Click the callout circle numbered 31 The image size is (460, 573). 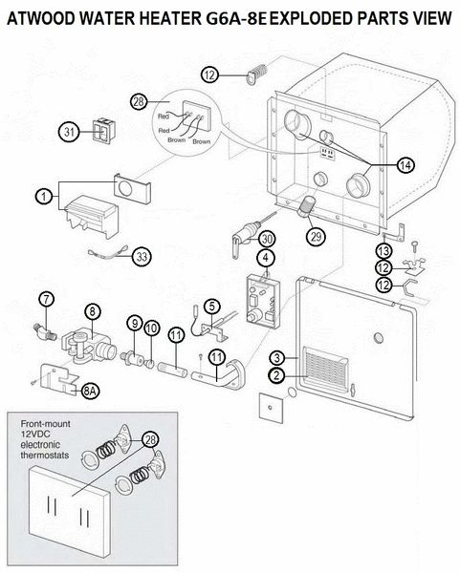point(69,132)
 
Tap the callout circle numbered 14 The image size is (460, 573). point(405,165)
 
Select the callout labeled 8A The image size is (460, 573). point(90,391)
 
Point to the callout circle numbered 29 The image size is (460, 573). point(316,236)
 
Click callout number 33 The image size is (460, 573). point(142,257)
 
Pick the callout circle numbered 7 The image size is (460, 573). point(46,299)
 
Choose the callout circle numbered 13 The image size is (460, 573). point(383,250)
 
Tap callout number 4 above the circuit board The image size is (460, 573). point(266,258)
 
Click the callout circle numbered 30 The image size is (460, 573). point(267,239)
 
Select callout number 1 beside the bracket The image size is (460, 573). point(44,197)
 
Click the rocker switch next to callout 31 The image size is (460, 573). point(100,130)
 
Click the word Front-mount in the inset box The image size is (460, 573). point(45,424)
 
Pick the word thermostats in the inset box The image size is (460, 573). point(45,455)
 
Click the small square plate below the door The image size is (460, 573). point(272,407)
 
